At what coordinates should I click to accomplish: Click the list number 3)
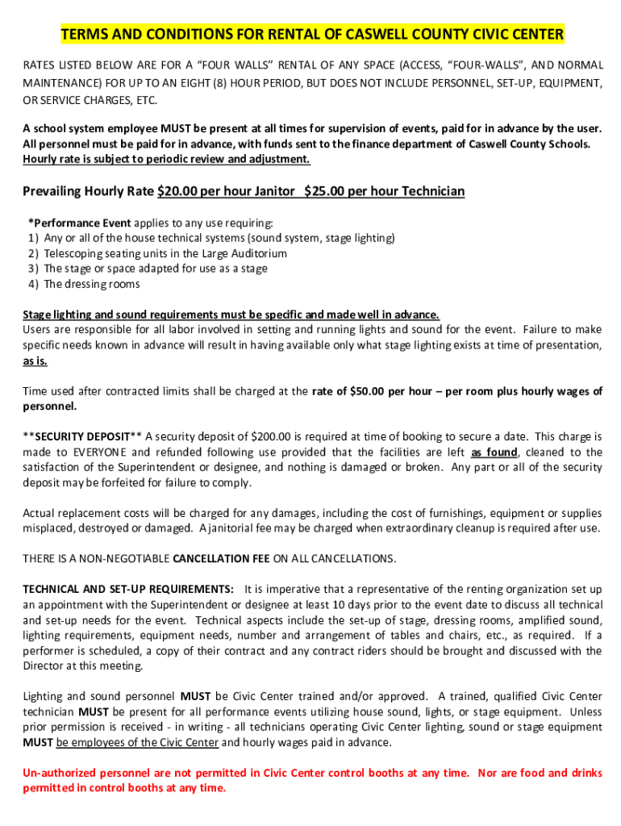(33, 269)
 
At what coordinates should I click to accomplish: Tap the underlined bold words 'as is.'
(35, 361)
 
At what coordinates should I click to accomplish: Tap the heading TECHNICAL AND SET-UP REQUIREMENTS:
(128, 589)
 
